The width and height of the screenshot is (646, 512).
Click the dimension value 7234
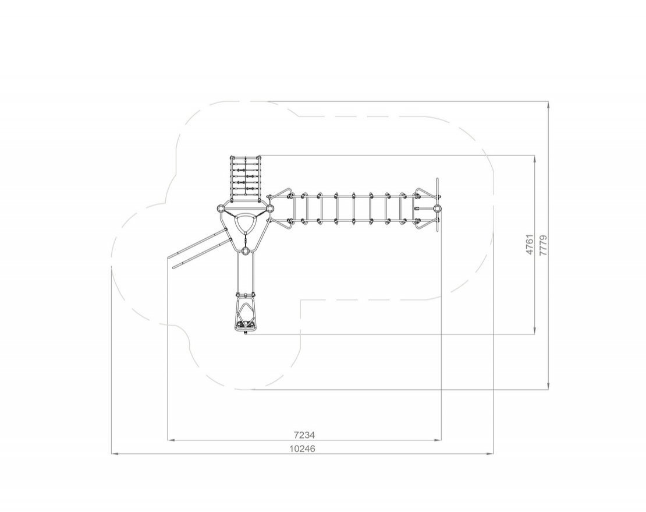pyautogui.click(x=304, y=435)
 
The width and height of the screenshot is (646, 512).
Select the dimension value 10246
pyautogui.click(x=302, y=449)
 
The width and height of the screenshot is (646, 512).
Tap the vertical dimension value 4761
pyautogui.click(x=530, y=245)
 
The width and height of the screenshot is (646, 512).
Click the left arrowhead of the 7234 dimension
pyautogui.click(x=171, y=440)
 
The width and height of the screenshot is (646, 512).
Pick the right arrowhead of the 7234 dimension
pyautogui.click(x=438, y=440)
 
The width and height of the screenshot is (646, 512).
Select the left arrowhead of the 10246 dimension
pyautogui.click(x=115, y=454)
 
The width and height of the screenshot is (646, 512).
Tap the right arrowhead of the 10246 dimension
pyautogui.click(x=490, y=454)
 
